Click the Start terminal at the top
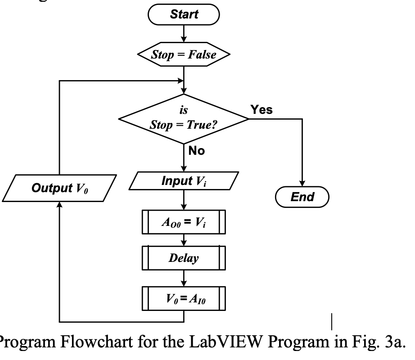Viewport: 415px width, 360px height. (x=184, y=14)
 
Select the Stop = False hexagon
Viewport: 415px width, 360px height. (x=184, y=55)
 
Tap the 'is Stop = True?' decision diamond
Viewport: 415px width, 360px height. (x=183, y=120)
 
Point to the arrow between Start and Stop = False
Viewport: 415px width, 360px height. (x=184, y=35)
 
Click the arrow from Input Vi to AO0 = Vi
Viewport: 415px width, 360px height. (x=184, y=201)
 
